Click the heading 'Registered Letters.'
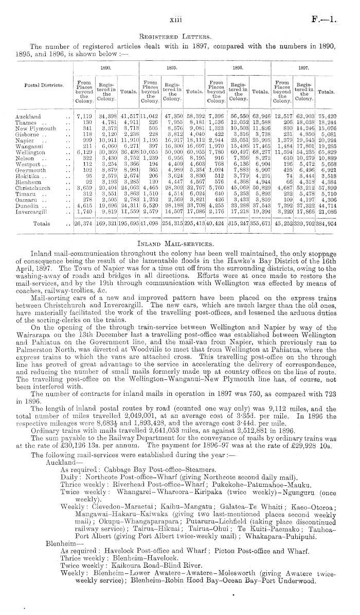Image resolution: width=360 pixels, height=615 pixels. point(179,37)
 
